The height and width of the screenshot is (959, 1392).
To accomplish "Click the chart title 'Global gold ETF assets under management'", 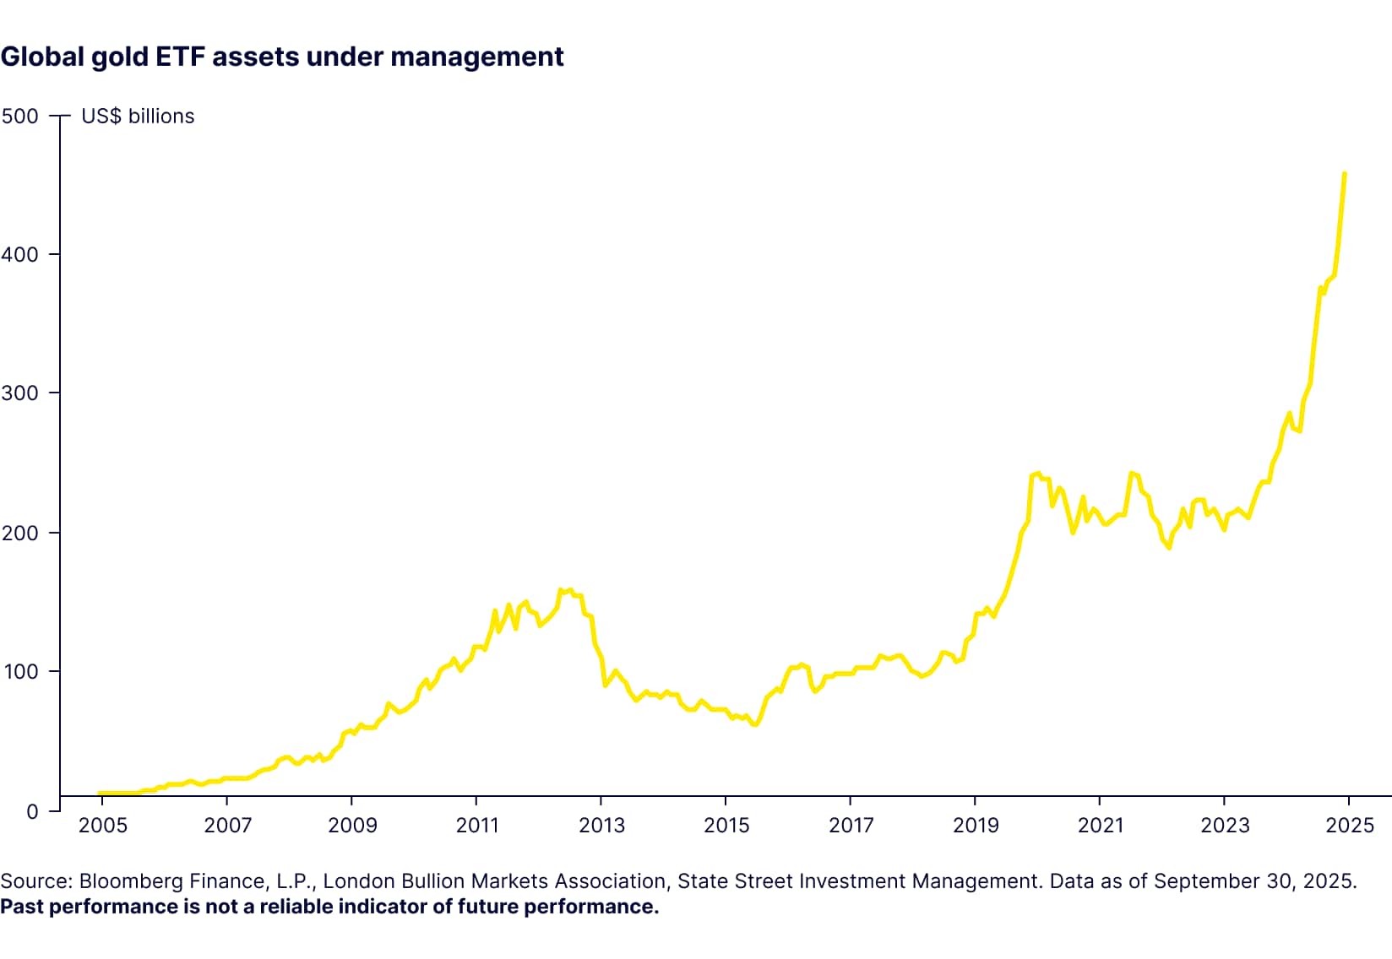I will click(282, 57).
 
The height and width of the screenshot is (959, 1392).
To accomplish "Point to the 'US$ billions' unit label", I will click(138, 116).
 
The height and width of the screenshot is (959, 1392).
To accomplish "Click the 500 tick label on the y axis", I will click(20, 116).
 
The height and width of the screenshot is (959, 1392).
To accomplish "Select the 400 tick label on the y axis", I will click(20, 255).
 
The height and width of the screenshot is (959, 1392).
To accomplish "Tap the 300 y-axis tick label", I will click(20, 393).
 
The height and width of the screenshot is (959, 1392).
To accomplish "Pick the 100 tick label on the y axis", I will click(20, 672).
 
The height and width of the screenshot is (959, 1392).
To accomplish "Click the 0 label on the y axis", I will click(32, 811).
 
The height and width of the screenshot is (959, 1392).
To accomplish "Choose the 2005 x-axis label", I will click(102, 825).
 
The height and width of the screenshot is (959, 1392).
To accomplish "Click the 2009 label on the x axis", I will click(352, 825).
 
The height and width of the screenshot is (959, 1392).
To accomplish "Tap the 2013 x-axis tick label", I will click(601, 825).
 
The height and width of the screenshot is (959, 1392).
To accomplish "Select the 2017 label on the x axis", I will click(851, 825).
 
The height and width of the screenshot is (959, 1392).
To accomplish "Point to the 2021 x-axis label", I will click(1100, 825).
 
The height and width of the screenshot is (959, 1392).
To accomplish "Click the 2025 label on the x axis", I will click(1350, 825).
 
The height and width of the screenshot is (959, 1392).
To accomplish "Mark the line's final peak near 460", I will click(1344, 174).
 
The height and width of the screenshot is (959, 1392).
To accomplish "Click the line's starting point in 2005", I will click(100, 794).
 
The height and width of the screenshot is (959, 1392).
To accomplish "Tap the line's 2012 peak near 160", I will click(561, 590).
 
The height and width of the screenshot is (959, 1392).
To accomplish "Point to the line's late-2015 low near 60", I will click(755, 724).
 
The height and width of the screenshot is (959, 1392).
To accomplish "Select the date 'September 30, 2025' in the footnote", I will click(1254, 881).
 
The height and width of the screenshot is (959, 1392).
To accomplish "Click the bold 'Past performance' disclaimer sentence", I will click(329, 907).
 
